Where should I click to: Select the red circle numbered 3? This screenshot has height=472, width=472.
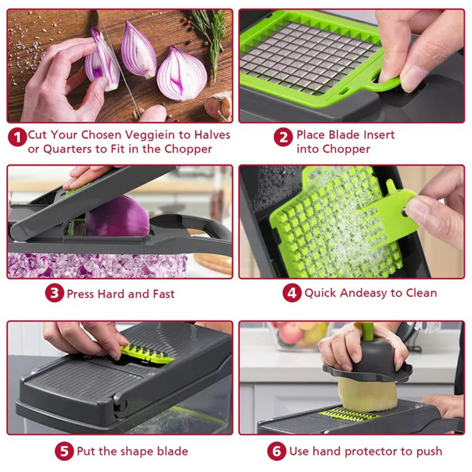click(x=54, y=294)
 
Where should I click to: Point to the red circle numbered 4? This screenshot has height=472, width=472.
click(x=292, y=294)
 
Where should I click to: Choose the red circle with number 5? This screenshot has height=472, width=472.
click(x=64, y=451)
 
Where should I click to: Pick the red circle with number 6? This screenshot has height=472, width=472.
click(x=276, y=451)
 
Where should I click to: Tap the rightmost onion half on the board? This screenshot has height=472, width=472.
click(x=182, y=74)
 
